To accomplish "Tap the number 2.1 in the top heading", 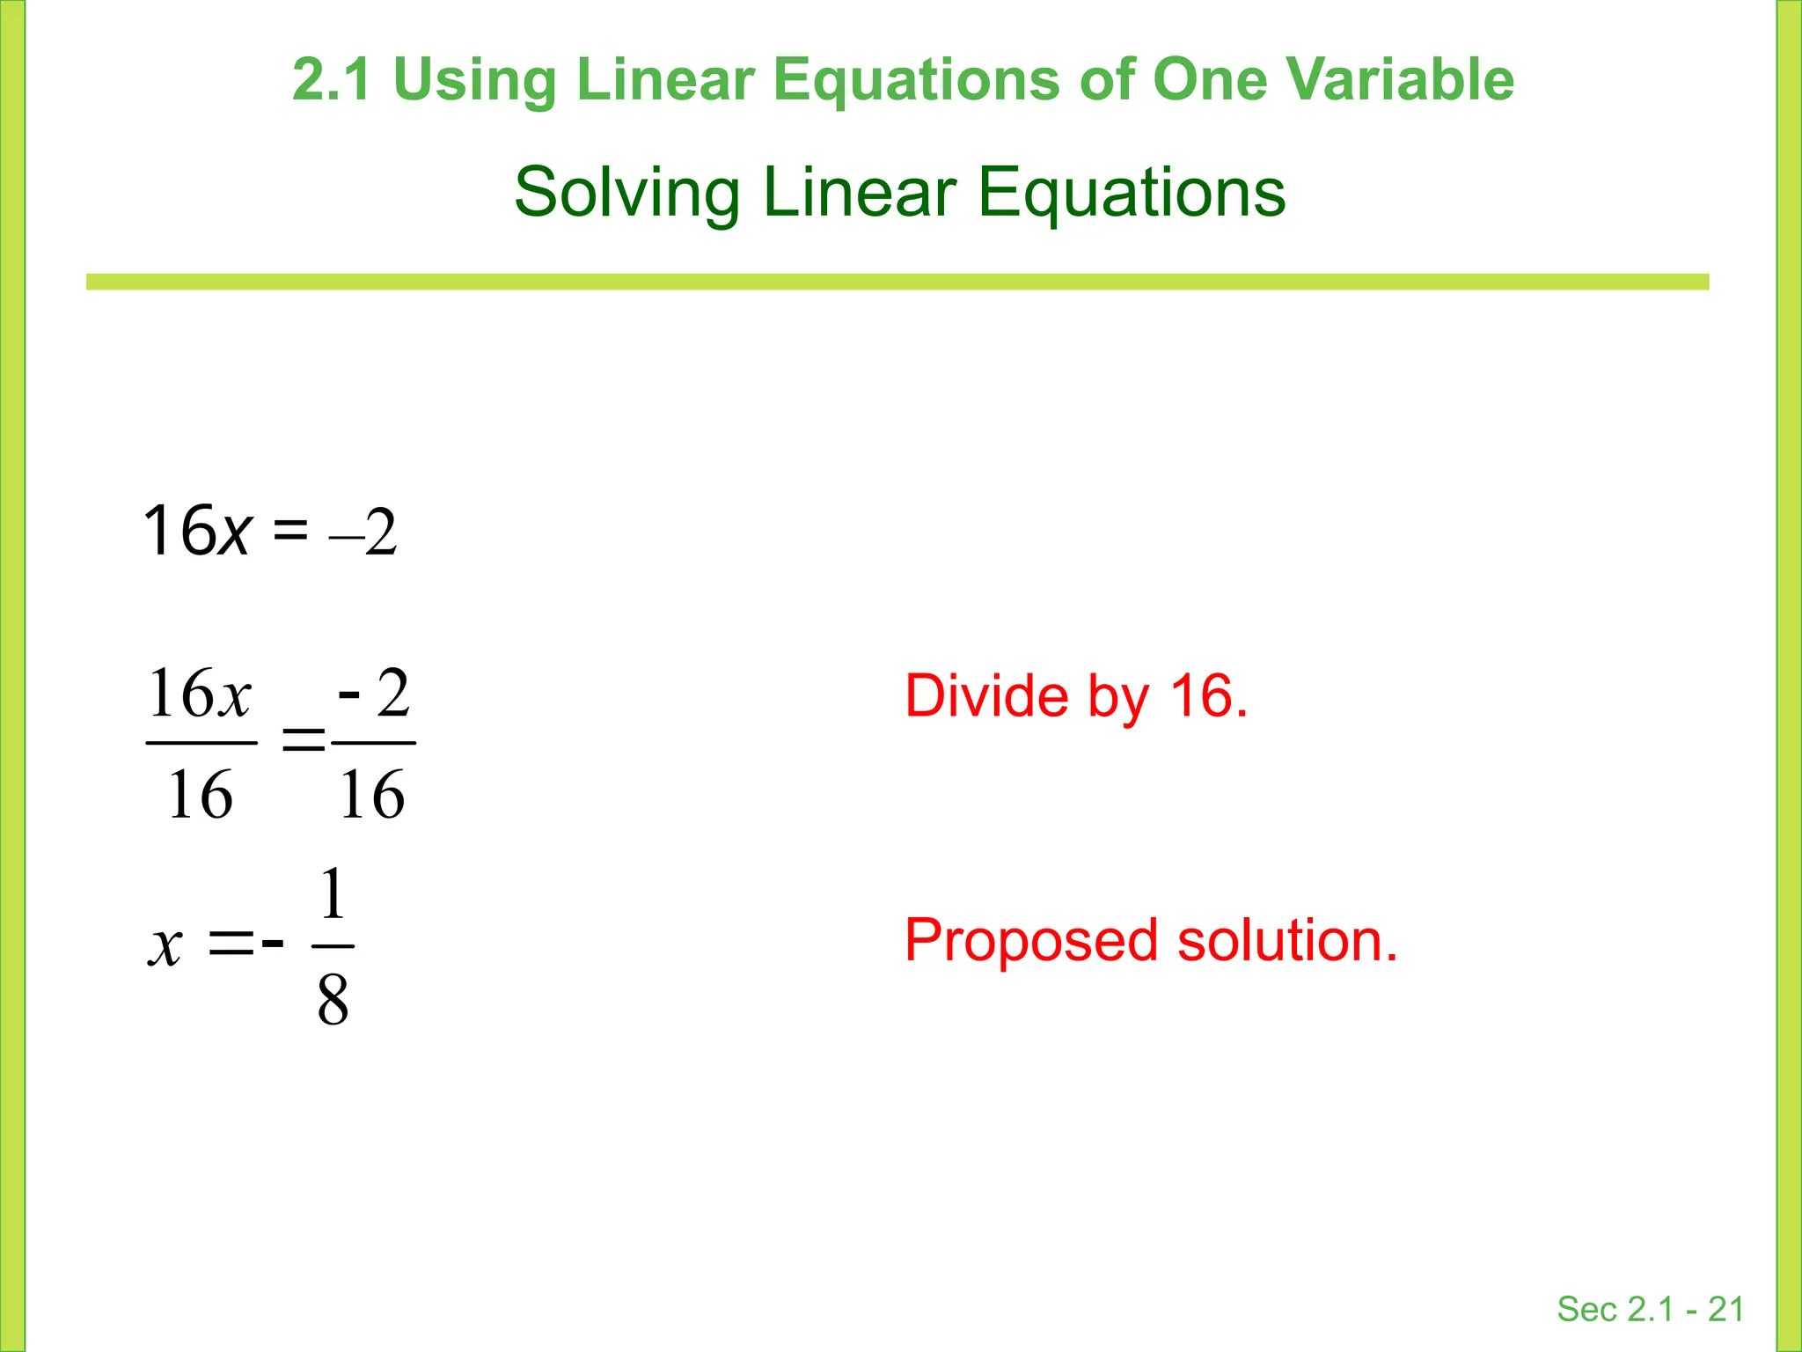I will (x=331, y=79).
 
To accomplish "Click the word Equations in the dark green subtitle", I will (x=1132, y=194).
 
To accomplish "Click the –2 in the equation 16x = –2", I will (x=364, y=532).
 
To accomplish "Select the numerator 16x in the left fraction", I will (x=200, y=694).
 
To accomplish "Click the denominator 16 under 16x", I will (x=200, y=794).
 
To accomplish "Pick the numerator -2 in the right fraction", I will (x=374, y=694).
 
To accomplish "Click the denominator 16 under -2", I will (x=372, y=794).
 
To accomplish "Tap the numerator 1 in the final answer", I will (x=333, y=893).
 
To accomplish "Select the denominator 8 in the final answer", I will (x=333, y=1001).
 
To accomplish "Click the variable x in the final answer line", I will (x=165, y=946).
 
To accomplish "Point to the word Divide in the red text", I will (x=986, y=696).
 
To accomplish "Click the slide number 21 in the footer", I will (x=1725, y=1309).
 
